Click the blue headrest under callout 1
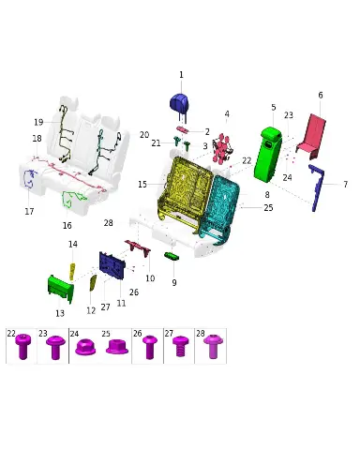tap(179, 103)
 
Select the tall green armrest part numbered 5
tap(267, 155)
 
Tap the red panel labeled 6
tap(312, 136)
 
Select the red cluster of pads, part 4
tap(222, 148)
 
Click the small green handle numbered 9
tap(172, 256)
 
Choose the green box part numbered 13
tap(61, 289)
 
